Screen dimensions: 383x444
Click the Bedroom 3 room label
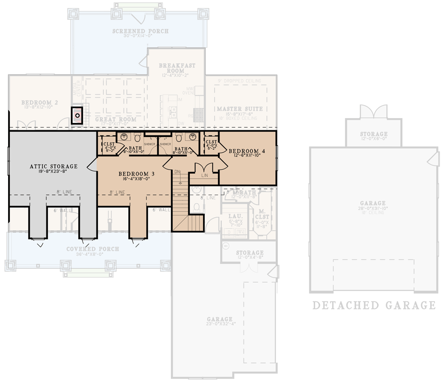pyautogui.click(x=137, y=174)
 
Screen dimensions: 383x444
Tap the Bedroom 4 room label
pyautogui.click(x=246, y=151)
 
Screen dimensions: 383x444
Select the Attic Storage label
pyautogui.click(x=54, y=166)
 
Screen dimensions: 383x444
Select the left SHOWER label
pyautogui.click(x=150, y=144)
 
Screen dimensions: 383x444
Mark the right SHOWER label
pyautogui.click(x=165, y=144)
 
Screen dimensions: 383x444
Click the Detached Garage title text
pyautogui.click(x=374, y=305)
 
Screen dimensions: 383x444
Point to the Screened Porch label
pyautogui.click(x=140, y=31)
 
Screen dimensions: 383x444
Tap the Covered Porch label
pyautogui.click(x=92, y=249)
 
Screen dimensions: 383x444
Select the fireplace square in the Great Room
pyautogui.click(x=78, y=115)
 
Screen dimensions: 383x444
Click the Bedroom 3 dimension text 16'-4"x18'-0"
pyautogui.click(x=137, y=179)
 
